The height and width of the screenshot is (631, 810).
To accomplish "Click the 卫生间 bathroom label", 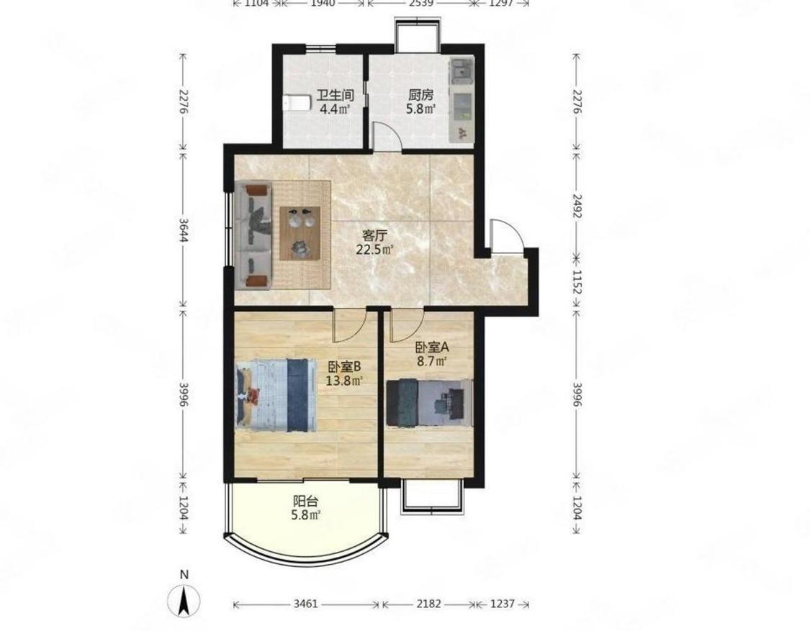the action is pos(335,96).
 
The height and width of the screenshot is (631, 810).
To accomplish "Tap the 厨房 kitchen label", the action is pos(421,96).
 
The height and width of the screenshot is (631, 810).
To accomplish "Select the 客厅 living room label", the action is pos(375,236).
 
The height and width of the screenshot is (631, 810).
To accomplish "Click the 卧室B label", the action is pos(345,367).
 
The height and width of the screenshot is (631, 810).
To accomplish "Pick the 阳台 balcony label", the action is pos(306,501).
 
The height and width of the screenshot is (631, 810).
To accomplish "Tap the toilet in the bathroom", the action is pos(296,103).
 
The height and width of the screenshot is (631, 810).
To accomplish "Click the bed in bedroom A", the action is pos(430,403).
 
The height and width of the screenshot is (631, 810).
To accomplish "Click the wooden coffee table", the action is pos(301,233).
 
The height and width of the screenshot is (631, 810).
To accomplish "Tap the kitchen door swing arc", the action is pos(388,136).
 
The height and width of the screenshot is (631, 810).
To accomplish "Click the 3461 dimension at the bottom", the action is pos(306,604).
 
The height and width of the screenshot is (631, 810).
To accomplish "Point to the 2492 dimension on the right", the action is pos(577,206).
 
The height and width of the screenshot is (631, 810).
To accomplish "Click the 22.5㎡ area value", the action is pos(375,250).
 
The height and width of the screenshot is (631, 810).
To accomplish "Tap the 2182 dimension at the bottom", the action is pos(429,604).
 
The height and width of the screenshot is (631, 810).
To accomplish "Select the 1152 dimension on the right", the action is pos(577,282).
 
